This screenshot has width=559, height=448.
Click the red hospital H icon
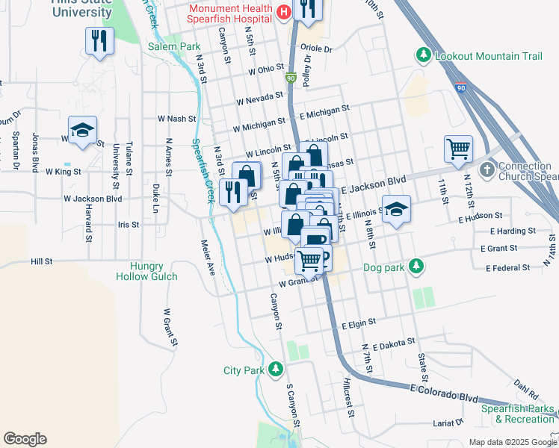tap(283, 13)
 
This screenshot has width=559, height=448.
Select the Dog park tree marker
tap(418, 266)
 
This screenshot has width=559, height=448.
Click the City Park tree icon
tap(276, 370)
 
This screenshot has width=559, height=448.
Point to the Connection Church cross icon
tap(487, 169)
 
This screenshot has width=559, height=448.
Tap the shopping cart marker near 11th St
tap(457, 148)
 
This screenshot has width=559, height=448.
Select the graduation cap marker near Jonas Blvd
tap(82, 131)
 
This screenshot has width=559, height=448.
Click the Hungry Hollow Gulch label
tap(146, 271)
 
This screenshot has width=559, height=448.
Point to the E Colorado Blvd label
tap(444, 393)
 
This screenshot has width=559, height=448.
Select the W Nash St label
tap(176, 118)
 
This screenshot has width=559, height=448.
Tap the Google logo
tap(25, 439)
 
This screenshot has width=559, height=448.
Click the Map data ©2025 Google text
tap(512, 442)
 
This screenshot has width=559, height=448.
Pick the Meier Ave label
tap(207, 258)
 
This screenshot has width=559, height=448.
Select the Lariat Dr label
tap(448, 423)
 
